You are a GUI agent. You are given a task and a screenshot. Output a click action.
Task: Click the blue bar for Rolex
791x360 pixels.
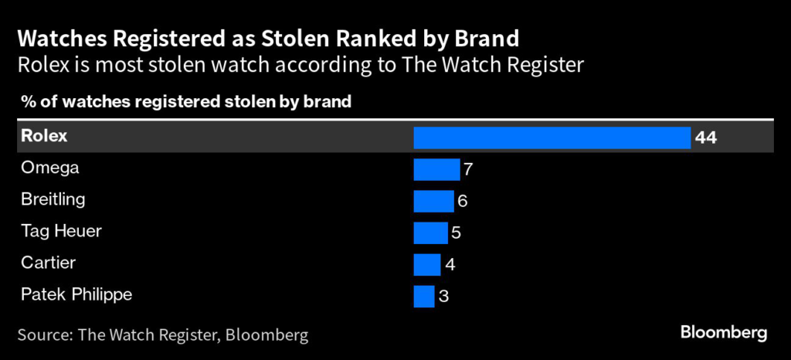[552, 138]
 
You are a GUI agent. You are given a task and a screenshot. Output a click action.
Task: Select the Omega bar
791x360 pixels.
[436, 169]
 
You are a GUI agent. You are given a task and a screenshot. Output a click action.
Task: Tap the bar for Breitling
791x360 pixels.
[433, 201]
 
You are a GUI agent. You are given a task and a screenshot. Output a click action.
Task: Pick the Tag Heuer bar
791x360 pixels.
[430, 233]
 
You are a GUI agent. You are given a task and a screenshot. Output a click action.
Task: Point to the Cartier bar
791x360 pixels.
[427, 264]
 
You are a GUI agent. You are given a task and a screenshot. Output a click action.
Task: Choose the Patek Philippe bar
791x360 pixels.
[424, 296]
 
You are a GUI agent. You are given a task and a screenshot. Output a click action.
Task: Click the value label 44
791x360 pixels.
[706, 138]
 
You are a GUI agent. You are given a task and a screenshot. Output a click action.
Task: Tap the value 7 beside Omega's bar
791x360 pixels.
[467, 169]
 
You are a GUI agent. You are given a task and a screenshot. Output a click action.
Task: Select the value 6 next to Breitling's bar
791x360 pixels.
[463, 201]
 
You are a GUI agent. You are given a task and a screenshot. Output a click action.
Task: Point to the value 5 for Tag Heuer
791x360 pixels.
[456, 233]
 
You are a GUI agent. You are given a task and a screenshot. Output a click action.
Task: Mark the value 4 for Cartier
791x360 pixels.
[450, 264]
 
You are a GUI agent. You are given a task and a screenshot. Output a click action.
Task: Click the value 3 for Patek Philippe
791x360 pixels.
[443, 296]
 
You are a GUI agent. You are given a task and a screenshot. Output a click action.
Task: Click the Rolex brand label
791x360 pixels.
[44, 136]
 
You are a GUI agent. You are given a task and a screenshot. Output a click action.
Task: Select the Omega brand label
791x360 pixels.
[49, 168]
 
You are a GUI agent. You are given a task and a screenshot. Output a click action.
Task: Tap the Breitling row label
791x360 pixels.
[53, 199]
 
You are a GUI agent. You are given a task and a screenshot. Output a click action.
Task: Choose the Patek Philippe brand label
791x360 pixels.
[76, 294]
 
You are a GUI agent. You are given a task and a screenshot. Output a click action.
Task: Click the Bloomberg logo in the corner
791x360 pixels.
[723, 332]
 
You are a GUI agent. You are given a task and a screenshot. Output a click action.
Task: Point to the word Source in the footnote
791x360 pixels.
[43, 335]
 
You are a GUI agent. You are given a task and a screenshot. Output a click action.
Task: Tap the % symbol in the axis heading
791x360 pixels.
[24, 101]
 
